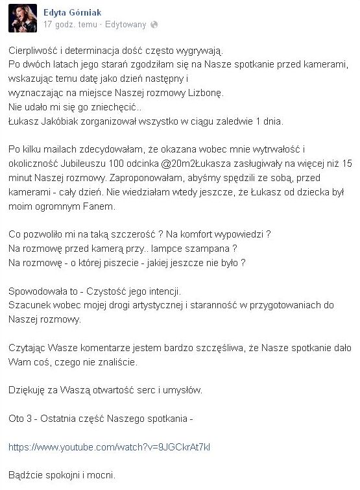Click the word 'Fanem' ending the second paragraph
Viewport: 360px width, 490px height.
[96, 208]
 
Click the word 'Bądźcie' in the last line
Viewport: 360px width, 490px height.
[30, 474]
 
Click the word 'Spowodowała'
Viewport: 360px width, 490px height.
[42, 291]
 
